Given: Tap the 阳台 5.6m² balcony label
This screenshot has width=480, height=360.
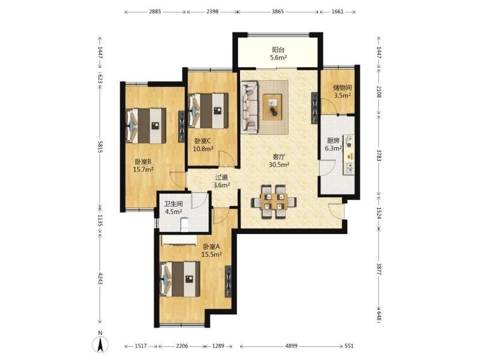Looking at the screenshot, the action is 278,53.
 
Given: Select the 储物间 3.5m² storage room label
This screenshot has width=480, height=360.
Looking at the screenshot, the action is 342,91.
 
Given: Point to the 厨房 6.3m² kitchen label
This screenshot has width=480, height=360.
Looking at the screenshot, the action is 334,145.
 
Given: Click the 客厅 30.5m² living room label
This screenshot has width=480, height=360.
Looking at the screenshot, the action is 279,161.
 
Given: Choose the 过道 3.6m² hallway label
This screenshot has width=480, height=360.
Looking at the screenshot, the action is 221,181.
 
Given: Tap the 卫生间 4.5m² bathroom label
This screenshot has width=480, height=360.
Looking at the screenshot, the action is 173,208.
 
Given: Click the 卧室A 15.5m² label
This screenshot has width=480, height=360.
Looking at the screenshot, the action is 212,250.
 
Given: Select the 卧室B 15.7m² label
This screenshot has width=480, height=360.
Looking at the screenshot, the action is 143,166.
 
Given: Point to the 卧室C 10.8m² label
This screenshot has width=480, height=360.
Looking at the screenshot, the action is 203,145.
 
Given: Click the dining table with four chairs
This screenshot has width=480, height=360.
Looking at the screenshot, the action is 274,202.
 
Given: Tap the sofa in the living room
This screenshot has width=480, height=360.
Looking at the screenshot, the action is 249,107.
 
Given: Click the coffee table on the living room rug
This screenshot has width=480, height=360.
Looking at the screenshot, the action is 272,107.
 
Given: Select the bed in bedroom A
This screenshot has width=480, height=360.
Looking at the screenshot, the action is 179,279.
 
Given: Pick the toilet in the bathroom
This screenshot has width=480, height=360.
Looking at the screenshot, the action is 185,224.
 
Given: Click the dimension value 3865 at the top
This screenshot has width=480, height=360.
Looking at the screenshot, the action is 278,11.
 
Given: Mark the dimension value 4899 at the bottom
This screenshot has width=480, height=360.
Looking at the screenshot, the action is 291,346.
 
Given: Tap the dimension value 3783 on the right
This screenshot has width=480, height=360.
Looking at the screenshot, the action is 379,156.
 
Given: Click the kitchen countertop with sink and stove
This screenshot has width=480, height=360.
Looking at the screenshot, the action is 349,155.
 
